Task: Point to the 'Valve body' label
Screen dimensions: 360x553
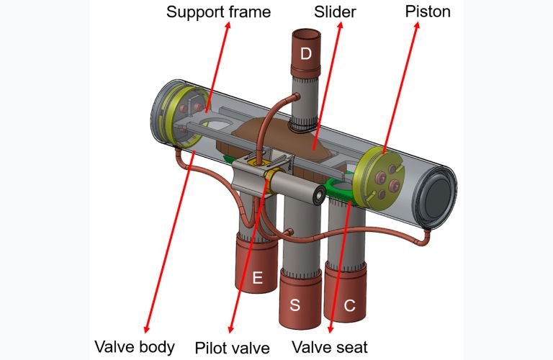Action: tap(135, 347)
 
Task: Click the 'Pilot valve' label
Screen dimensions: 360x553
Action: tap(233, 348)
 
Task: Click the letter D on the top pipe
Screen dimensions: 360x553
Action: tap(307, 54)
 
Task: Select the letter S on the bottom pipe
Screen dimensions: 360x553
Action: tap(295, 305)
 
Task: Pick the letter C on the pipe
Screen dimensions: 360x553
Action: tap(349, 305)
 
